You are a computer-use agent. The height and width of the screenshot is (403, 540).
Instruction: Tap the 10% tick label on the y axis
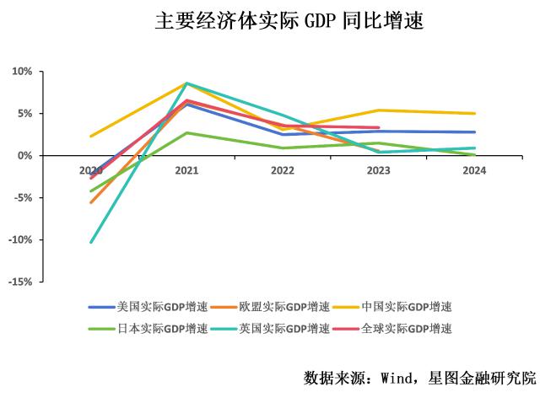tap(21, 72)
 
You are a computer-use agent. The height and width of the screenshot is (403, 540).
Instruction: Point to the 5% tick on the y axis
tap(24, 114)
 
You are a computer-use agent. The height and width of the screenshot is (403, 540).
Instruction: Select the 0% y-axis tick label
tap(24, 156)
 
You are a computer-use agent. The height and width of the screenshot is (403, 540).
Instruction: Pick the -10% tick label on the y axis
tap(19, 240)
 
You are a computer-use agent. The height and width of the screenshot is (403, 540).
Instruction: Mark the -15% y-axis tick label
tap(19, 282)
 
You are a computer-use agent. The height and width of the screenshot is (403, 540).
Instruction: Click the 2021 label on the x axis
tap(186, 170)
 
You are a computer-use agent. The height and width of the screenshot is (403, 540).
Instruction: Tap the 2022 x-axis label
tap(283, 170)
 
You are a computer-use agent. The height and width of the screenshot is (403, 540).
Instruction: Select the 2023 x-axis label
tap(379, 170)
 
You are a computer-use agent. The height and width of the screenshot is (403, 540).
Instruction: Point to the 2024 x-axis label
tap(474, 170)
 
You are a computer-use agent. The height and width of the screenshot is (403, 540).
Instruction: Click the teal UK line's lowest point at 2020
tap(91, 242)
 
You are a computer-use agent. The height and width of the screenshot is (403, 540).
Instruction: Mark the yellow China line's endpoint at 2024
tap(474, 114)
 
